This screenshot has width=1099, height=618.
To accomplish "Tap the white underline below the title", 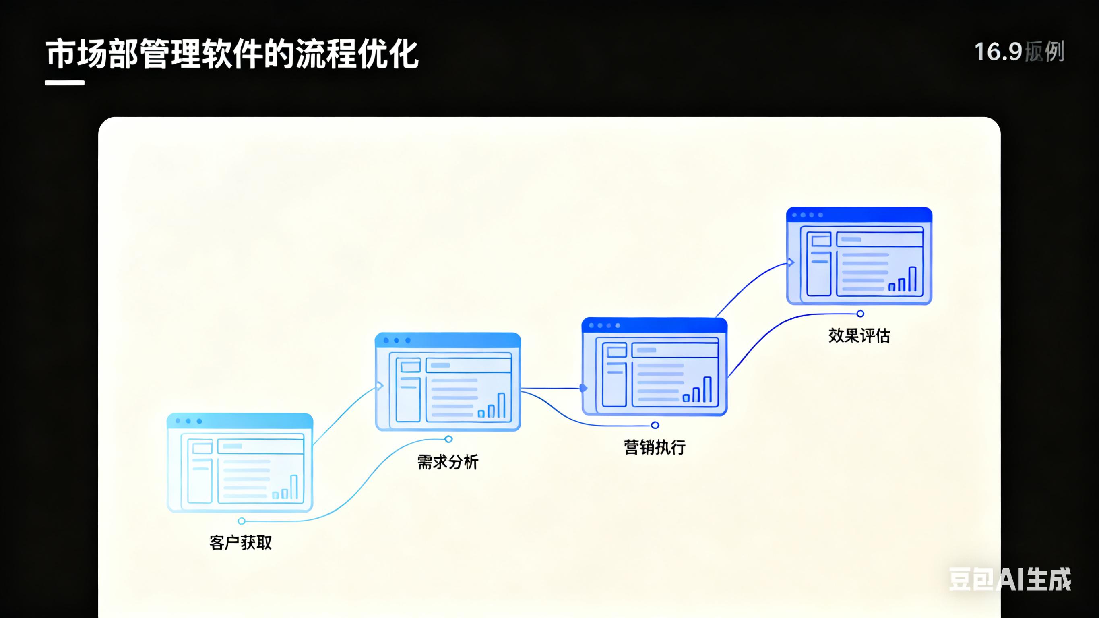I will pyautogui.click(x=65, y=83).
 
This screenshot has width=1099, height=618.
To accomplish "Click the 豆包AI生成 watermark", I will pyautogui.click(x=1009, y=579).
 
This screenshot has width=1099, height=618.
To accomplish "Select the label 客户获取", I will pyautogui.click(x=241, y=543).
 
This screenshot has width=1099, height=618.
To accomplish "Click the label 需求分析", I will pyautogui.click(x=448, y=462).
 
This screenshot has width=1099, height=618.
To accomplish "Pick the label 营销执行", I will pyautogui.click(x=655, y=447).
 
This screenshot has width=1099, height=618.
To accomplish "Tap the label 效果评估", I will pyautogui.click(x=859, y=335).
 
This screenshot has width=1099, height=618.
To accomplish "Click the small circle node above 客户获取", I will pyautogui.click(x=242, y=521).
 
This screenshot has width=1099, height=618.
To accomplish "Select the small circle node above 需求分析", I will pyautogui.click(x=448, y=439).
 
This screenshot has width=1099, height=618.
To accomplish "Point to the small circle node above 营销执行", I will pyautogui.click(x=655, y=425).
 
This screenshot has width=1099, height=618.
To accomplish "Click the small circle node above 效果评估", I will pyautogui.click(x=861, y=314).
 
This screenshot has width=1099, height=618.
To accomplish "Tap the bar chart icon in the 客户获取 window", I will pyautogui.click(x=285, y=488).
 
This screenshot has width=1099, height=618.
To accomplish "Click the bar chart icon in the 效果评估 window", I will pyautogui.click(x=902, y=280).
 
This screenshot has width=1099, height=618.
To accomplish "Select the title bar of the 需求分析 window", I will pyautogui.click(x=448, y=340).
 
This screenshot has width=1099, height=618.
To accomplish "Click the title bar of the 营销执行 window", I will pyautogui.click(x=655, y=325).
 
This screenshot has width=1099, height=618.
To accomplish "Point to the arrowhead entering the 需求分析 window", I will pyautogui.click(x=380, y=386).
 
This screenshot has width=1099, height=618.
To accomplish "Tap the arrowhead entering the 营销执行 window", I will pyautogui.click(x=584, y=388).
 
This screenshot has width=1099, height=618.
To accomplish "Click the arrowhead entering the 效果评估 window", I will pyautogui.click(x=791, y=262).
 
